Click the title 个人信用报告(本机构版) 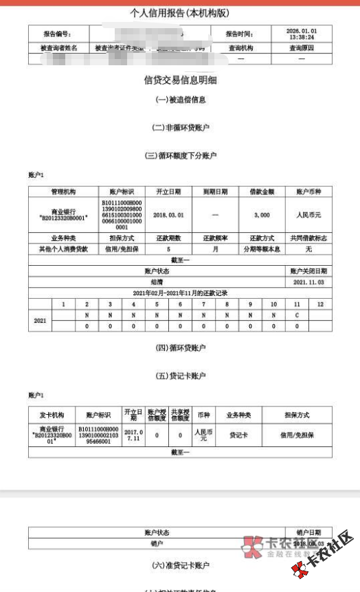pyautogui.click(x=180, y=13)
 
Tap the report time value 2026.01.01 pyautogui.click(x=302, y=31)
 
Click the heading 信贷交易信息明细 pyautogui.click(x=180, y=80)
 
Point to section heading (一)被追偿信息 pyautogui.click(x=180, y=100)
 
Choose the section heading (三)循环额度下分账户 pyautogui.click(x=180, y=156)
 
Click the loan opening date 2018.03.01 pyautogui.click(x=167, y=215)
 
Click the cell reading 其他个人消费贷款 pyautogui.click(x=63, y=249)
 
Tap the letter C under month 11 pyautogui.click(x=297, y=316)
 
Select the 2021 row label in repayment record pyautogui.click(x=40, y=321)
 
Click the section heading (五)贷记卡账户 pyautogui.click(x=180, y=376)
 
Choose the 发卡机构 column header pyautogui.click(x=52, y=415)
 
